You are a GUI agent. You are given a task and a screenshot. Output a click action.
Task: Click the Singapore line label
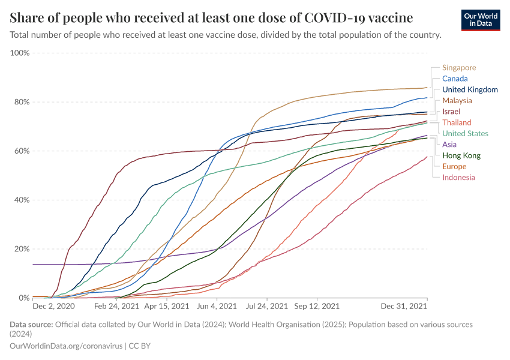pyautogui.click(x=458, y=68)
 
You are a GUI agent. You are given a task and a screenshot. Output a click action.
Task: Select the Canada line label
pyautogui.click(x=455, y=79)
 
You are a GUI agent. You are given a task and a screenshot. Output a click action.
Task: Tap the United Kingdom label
pyautogui.click(x=470, y=89)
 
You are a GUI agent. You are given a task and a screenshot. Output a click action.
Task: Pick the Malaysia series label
pyautogui.click(x=457, y=101)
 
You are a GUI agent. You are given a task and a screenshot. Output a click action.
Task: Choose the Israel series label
pyautogui.click(x=451, y=112)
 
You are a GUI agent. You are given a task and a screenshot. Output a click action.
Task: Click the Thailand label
pyautogui.click(x=457, y=122)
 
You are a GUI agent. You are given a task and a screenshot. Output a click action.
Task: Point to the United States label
pyautogui.click(x=465, y=134)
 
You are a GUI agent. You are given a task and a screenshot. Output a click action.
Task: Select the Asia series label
pyautogui.click(x=449, y=145)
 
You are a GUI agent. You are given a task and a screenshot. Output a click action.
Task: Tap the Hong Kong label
pyautogui.click(x=461, y=155)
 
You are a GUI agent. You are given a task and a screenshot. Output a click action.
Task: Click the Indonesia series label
pyautogui.click(x=458, y=177)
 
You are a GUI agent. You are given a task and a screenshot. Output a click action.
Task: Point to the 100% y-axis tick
pyautogui.click(x=20, y=53)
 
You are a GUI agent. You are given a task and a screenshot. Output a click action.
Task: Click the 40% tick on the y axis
pyautogui.click(x=22, y=200)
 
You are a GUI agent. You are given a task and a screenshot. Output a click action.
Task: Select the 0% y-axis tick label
pyautogui.click(x=25, y=298)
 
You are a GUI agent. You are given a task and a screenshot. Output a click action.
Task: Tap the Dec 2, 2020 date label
pyautogui.click(x=53, y=306)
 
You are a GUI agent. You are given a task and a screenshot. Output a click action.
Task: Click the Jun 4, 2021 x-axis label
pyautogui.click(x=218, y=306)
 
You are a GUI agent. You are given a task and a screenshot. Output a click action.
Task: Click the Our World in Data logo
pyautogui.click(x=481, y=20)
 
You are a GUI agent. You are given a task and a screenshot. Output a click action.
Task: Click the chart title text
pyautogui.click(x=211, y=17)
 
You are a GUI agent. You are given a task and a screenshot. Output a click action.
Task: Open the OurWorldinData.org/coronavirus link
pyautogui.click(x=66, y=346)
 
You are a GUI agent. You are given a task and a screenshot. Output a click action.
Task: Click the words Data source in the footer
pyautogui.click(x=31, y=325)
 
